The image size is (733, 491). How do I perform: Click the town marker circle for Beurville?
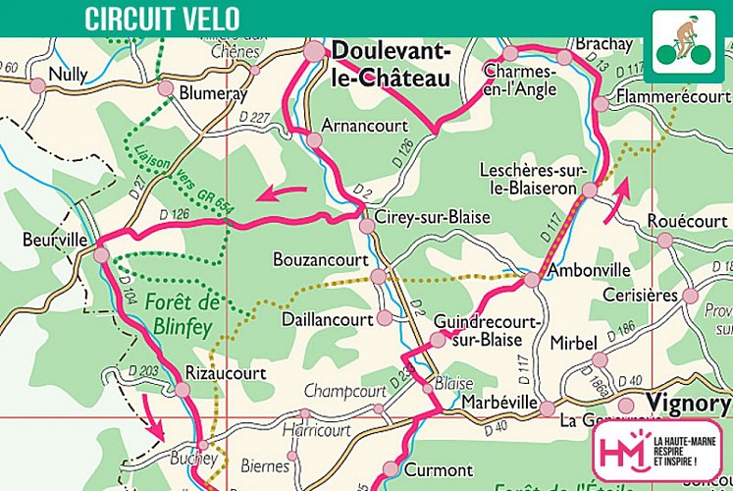[x=101, y=254]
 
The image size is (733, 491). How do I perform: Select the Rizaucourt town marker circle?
[x=183, y=390]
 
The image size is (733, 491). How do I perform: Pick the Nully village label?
[x=69, y=74]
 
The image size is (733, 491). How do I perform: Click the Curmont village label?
[x=438, y=469]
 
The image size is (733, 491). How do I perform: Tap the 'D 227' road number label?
[x=253, y=118]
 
